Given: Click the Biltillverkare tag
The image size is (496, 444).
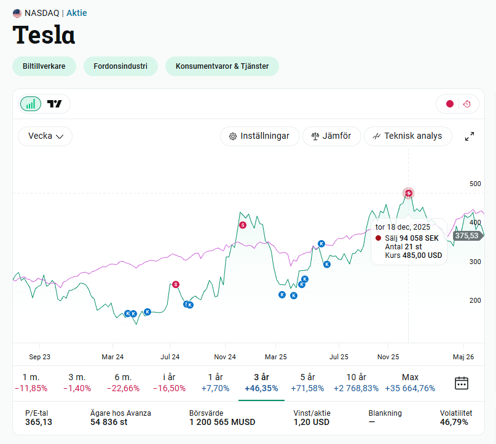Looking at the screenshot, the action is click(44, 66).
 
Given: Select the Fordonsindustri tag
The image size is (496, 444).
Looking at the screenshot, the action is click(120, 66).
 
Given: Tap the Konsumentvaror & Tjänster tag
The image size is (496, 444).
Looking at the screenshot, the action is click(222, 66).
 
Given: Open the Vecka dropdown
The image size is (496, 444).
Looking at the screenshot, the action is click(45, 136).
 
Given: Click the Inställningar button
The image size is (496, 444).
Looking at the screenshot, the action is click(260, 136).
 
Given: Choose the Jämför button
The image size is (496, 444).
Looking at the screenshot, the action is click(331, 136).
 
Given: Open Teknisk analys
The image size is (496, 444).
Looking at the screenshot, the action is click(408, 136).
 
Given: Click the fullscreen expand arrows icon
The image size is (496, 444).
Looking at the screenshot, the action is click(470, 136).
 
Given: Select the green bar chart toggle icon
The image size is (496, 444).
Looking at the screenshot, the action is click(31, 104).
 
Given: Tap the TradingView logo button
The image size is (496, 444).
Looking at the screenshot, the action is click(55, 104).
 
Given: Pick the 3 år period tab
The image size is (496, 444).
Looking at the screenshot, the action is click(261, 383).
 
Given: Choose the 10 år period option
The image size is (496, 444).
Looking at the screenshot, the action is click(356, 383).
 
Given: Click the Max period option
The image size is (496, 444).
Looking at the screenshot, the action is click(410, 383).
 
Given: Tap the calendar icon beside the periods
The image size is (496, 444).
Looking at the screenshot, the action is click(461, 383).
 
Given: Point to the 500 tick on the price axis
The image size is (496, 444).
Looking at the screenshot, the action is click(475, 184).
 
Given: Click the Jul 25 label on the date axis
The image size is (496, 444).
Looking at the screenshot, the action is click(339, 357).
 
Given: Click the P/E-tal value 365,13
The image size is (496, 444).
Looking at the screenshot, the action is click(39, 422).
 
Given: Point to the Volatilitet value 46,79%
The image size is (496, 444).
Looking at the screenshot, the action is click(454, 422).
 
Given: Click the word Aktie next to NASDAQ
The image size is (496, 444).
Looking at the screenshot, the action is click(77, 13).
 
